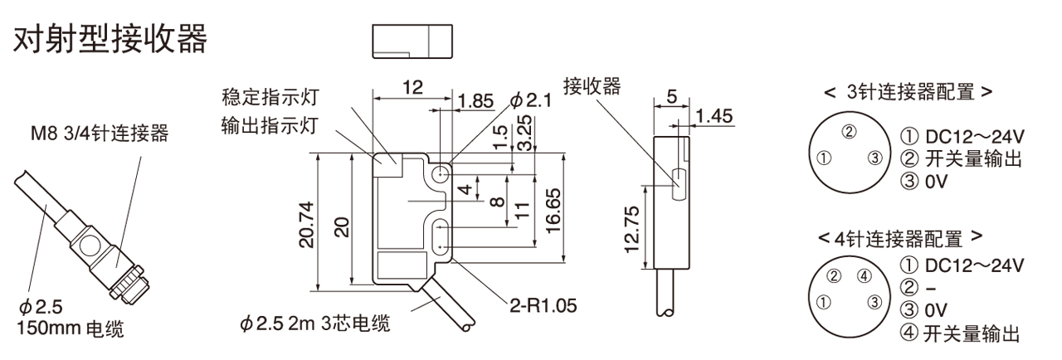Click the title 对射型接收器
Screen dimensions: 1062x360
coord(110,39)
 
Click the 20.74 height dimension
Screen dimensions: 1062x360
coord(307,225)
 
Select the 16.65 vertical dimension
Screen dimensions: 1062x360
coord(553,211)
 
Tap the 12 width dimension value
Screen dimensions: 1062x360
coord(412,87)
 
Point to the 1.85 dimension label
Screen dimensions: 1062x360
coord(476,101)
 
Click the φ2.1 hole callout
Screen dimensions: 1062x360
coord(531,100)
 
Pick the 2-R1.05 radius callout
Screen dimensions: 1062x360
coord(543,305)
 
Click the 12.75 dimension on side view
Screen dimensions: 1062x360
coord(632,229)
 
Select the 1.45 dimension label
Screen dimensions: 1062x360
coord(714,116)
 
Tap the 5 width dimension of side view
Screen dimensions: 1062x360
coord(672,96)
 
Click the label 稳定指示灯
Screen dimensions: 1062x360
coord(270,97)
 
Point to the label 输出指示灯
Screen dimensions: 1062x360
coord(270,126)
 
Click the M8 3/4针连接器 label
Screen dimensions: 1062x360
coord(100,134)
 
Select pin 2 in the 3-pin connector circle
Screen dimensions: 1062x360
coord(849,131)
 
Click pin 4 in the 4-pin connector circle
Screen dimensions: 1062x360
coord(865,275)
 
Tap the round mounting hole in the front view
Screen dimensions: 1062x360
coord(441,173)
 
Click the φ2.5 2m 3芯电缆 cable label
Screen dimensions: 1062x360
coord(315,323)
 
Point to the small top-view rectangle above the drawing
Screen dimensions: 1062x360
coord(412,41)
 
